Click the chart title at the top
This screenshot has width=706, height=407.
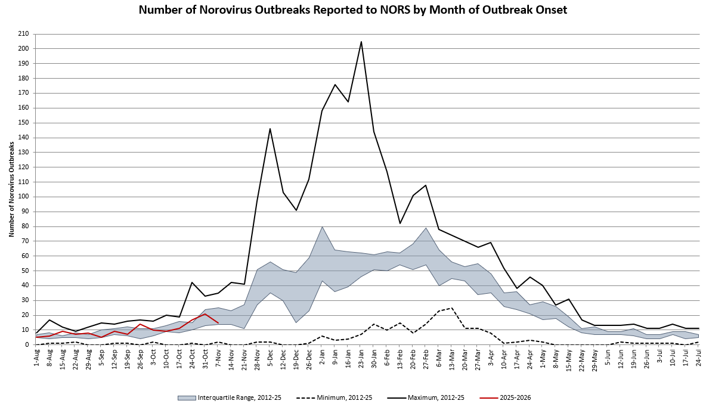[352, 10]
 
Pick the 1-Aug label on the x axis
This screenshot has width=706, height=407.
[38, 356]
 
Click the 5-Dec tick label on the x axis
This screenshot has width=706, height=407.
[271, 356]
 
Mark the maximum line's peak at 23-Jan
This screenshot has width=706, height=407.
[361, 42]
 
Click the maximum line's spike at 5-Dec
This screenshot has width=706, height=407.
[270, 129]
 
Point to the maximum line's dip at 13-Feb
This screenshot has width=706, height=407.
[400, 223]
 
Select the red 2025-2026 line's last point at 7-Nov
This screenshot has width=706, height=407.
[218, 323]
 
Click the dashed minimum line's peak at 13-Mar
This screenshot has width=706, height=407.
[451, 308]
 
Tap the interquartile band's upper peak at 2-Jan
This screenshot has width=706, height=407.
[322, 226]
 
